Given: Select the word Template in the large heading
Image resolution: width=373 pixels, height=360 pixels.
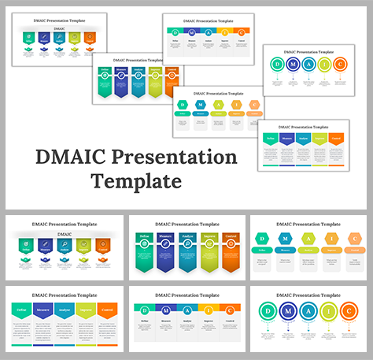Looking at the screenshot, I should [x=135, y=182].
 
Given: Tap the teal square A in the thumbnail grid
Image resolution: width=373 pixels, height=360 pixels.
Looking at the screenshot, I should [x=186, y=310].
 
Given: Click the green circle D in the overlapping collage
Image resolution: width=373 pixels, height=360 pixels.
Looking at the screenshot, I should [x=277, y=65].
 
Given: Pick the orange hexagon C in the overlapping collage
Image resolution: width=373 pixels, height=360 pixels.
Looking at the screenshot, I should [x=254, y=105].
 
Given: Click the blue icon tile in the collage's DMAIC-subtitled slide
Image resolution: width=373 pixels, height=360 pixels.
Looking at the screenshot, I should [x=42, y=36].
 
